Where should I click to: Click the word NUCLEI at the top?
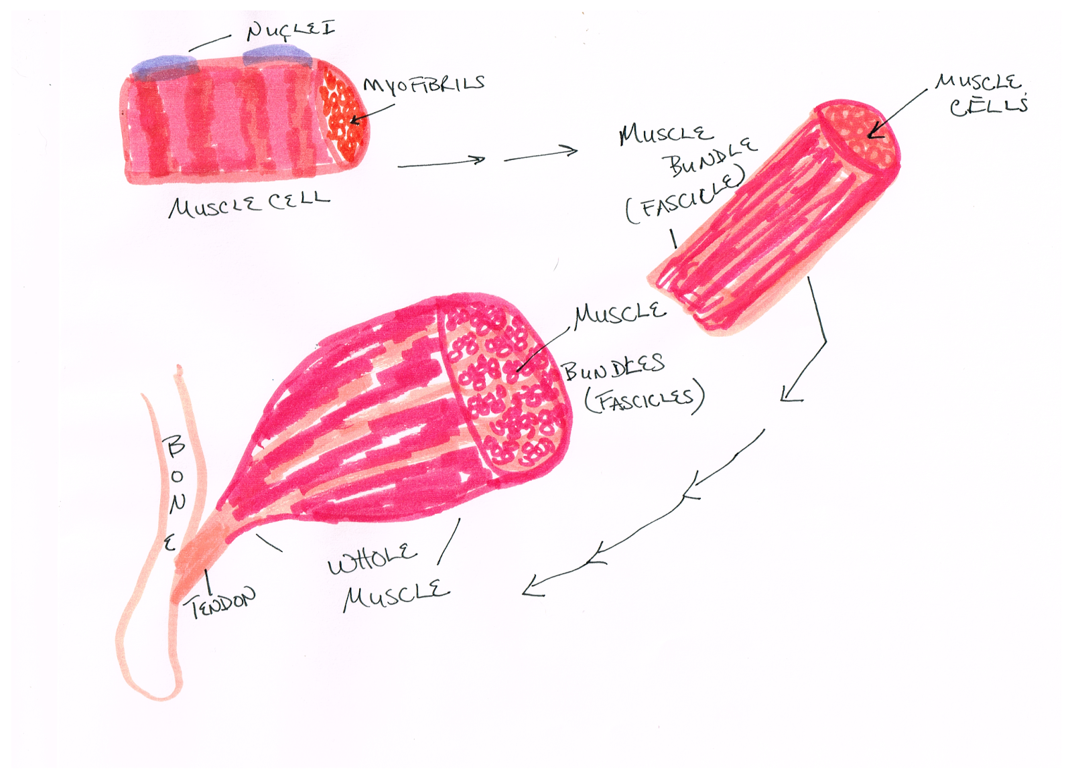pos(290,30)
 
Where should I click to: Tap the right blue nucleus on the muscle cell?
pos(277,55)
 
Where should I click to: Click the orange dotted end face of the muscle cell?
pos(343,114)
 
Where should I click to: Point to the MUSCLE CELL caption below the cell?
pos(249,204)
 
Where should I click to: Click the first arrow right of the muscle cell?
pos(441,162)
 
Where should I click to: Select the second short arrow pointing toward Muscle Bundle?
pos(540,155)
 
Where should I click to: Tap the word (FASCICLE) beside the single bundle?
pos(685,196)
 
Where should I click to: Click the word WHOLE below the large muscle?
pos(372,559)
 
